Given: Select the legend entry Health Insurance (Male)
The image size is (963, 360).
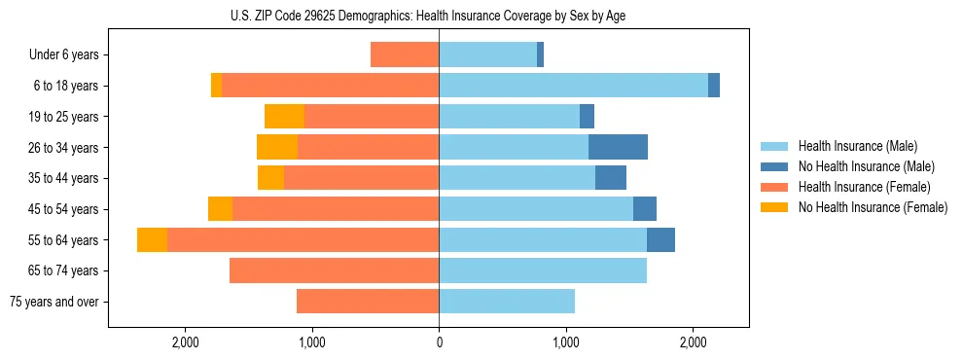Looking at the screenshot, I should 857,146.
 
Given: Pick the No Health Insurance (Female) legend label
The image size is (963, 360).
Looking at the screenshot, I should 873,207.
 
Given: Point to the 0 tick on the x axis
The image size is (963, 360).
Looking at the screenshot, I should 439,342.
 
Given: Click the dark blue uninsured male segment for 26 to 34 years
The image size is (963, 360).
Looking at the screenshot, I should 618,147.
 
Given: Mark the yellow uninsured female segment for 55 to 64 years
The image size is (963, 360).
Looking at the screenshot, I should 152,239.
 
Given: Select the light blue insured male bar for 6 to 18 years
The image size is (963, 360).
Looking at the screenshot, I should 573,86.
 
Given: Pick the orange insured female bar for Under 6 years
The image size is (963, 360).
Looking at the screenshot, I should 405,54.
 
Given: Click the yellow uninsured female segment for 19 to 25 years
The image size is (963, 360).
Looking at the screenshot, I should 284,117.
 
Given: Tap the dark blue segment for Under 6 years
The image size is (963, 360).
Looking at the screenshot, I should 540,54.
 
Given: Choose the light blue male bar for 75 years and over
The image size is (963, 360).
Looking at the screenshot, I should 507,302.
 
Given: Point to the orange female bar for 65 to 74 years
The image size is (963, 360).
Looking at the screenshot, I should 334,270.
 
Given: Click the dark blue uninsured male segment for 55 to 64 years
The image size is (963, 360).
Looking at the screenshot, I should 660,239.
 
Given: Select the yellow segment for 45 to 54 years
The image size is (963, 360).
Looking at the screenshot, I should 220,209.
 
